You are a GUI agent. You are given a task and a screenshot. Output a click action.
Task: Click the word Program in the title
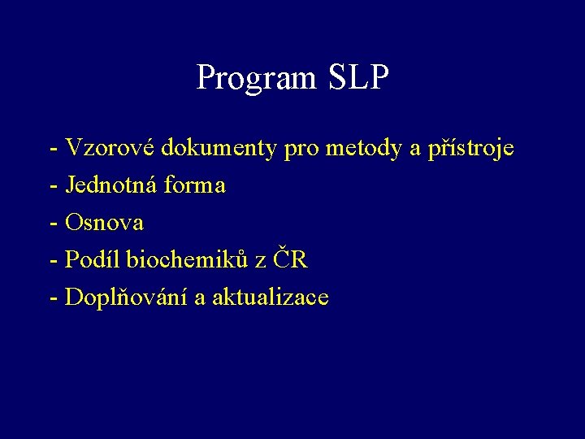click(x=258, y=78)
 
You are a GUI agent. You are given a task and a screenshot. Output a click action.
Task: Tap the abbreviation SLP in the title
click(x=359, y=77)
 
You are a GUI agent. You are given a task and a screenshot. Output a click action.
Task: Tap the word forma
click(x=194, y=185)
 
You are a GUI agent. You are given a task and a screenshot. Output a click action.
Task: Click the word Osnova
click(x=104, y=222)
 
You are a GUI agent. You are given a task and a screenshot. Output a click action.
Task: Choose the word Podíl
click(x=92, y=259)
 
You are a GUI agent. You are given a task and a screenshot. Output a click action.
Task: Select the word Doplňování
click(x=127, y=298)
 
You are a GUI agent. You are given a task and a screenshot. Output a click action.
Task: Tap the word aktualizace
click(x=271, y=297)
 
